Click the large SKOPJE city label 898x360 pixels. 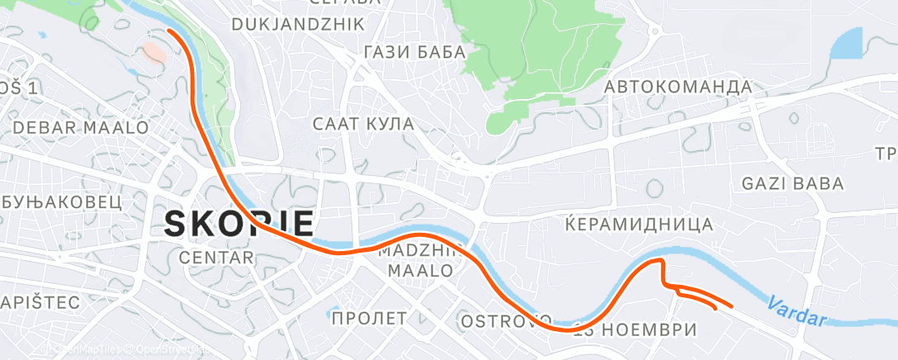coord(240,224)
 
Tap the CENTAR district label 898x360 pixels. coord(215,258)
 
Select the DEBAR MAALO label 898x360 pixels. coord(81,128)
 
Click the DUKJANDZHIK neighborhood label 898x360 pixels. coord(298,25)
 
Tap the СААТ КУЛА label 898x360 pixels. coord(363,124)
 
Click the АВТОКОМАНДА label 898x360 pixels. coord(678,87)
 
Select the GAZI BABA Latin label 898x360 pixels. coord(792,183)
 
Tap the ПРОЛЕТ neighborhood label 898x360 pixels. coord(369,318)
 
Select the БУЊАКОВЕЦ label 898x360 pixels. coord(62,201)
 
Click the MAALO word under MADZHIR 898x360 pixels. coord(421,271)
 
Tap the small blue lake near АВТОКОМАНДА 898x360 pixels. coord(846,45)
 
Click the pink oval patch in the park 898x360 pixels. coord(154,53)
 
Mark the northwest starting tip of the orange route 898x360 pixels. coord(169,30)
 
